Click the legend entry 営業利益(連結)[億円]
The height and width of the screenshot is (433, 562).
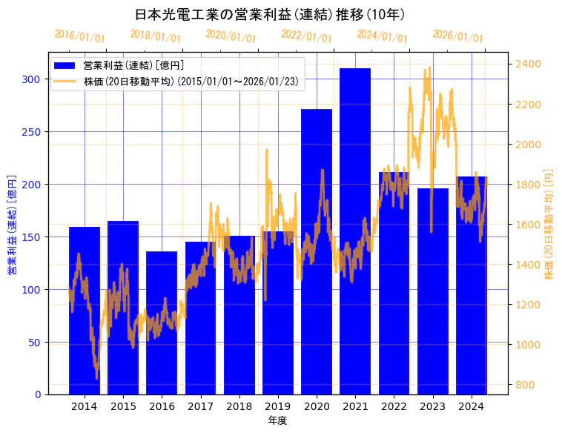point(133,66)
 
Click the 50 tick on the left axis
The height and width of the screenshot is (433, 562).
point(36,343)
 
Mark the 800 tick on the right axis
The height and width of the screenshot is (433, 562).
point(524,385)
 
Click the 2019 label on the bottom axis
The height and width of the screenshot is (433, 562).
point(278,406)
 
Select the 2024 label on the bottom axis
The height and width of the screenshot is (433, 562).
point(472,406)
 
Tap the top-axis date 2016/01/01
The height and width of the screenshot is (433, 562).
point(80,36)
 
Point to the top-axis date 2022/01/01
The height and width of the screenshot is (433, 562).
point(306,36)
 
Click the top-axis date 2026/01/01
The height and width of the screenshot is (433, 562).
point(457,36)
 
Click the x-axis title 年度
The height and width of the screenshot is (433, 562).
point(277,420)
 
